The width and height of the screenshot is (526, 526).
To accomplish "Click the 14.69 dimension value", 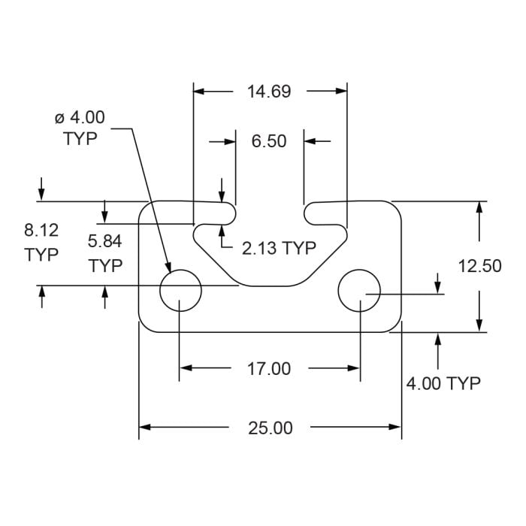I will [x=269, y=92].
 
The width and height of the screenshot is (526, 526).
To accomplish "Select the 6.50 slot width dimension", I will [x=269, y=141].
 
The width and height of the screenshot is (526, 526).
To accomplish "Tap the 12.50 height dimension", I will [x=479, y=265].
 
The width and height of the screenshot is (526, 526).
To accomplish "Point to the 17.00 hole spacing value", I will [x=269, y=369].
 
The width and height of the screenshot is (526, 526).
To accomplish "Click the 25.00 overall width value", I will [x=271, y=428].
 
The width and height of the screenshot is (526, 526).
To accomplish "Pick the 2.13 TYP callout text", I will [x=278, y=248].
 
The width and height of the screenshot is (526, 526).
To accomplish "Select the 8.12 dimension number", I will [x=41, y=230].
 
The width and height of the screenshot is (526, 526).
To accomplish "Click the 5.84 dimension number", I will [x=105, y=241].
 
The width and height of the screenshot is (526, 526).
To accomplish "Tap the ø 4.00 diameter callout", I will [x=80, y=117].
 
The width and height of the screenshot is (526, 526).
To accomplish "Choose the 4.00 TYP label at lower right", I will [x=443, y=384].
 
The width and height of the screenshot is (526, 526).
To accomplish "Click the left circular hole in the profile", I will [x=181, y=289].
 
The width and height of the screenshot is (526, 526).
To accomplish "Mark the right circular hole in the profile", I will [x=359, y=289].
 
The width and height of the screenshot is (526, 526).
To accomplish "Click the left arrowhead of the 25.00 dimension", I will [x=145, y=428].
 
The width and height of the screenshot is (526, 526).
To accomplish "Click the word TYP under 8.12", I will [x=41, y=255].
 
